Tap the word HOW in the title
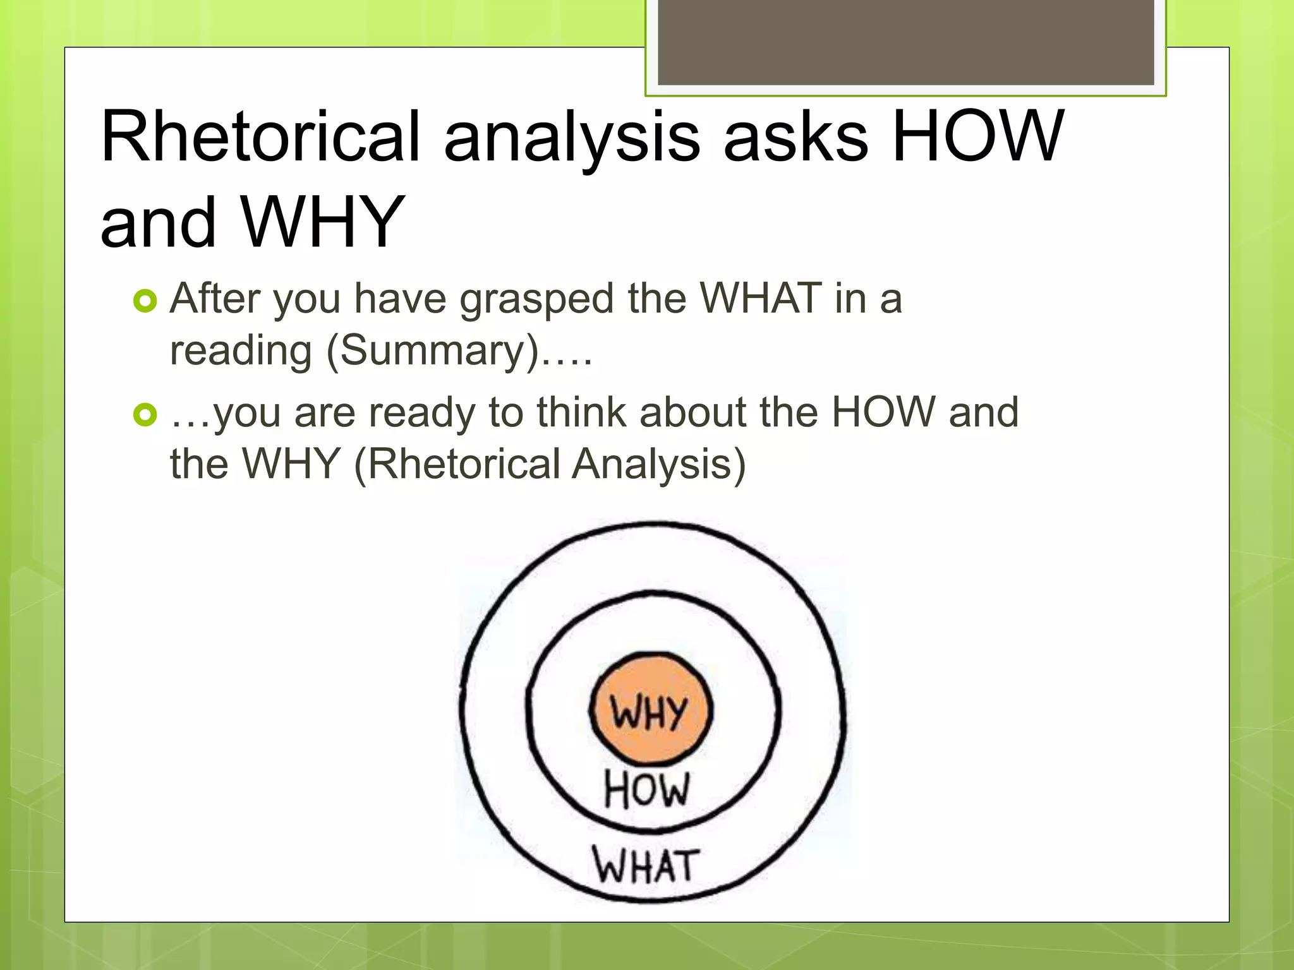(x=978, y=136)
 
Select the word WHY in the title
(x=322, y=222)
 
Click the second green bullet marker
(x=145, y=416)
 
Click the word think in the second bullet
(x=582, y=412)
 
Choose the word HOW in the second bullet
(x=883, y=412)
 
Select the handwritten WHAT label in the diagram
(x=646, y=865)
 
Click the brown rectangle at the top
(x=905, y=42)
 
